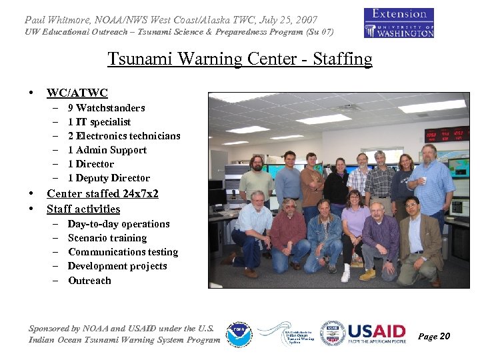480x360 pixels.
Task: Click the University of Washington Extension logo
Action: click(399, 23)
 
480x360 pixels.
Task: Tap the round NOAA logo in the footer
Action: click(238, 334)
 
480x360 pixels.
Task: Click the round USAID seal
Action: click(332, 333)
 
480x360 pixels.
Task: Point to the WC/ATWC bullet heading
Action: click(77, 93)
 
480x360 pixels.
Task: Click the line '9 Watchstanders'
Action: click(106, 107)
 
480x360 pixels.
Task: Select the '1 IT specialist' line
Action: click(99, 122)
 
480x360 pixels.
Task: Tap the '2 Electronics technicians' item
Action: click(124, 136)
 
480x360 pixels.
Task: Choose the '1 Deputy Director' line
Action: click(109, 178)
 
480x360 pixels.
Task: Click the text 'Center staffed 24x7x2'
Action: click(102, 193)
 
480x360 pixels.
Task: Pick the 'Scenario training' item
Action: click(107, 238)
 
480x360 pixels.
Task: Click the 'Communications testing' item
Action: click(123, 252)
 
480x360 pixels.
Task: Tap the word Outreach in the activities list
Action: click(89, 281)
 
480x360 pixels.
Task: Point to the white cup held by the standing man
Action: click(422, 181)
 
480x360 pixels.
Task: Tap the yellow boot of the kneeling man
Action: click(367, 274)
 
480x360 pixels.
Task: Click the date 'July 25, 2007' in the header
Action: click(285, 20)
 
